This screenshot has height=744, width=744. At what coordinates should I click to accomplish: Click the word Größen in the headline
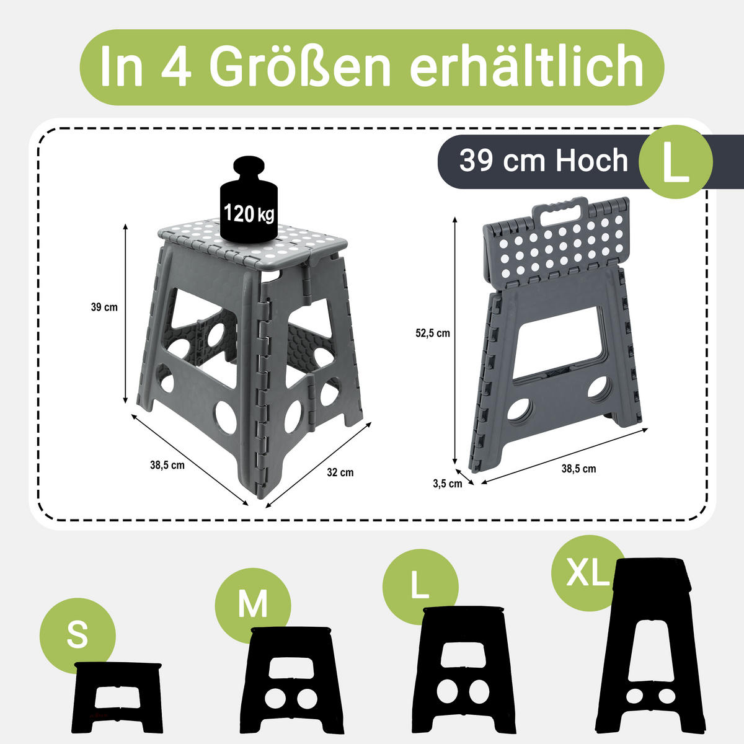[300, 67]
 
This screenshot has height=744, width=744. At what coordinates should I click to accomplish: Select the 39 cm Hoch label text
[543, 161]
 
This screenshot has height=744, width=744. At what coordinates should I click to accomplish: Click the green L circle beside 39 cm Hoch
[675, 162]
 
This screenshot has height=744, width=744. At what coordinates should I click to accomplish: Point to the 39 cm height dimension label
[104, 307]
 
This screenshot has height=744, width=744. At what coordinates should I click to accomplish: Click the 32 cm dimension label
[340, 472]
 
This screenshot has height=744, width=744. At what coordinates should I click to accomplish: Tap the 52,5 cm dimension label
[432, 333]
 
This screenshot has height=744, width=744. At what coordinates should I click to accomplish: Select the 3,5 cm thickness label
[447, 484]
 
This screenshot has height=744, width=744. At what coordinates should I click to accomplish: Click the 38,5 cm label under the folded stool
[578, 469]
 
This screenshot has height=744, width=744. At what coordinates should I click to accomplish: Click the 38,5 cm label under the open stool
[167, 465]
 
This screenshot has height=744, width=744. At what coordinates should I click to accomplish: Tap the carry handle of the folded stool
[563, 211]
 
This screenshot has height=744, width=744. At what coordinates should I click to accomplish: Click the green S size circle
[77, 635]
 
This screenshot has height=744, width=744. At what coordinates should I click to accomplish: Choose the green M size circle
[253, 604]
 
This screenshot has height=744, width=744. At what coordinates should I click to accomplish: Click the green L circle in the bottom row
[420, 587]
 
